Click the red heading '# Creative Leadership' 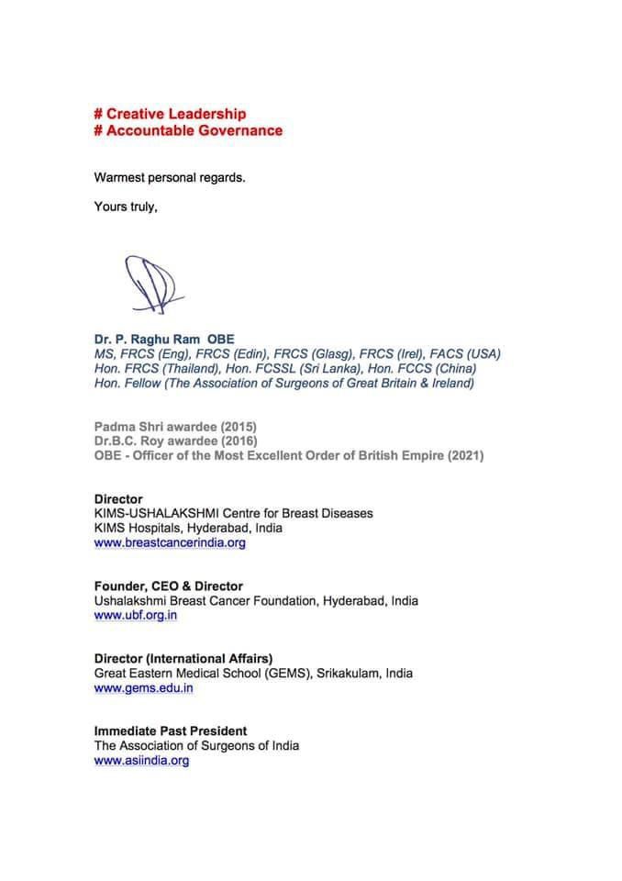coord(170,114)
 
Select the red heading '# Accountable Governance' coord(188,130)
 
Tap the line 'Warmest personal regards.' coord(170,177)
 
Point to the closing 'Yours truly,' coord(126,206)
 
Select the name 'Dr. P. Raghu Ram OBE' coord(164,339)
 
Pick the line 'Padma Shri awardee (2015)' coord(175,427)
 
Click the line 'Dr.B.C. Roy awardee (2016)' coord(176,441)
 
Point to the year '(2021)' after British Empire coord(461,456)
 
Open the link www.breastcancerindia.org coord(170,542)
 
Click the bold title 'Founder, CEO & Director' coord(169,585)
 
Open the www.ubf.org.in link coord(136,615)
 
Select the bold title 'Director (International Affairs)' coord(183,658)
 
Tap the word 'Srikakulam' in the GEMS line coord(344,673)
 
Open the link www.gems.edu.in coord(143,687)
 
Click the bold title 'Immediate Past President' coord(171,730)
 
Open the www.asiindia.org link coord(141,760)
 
